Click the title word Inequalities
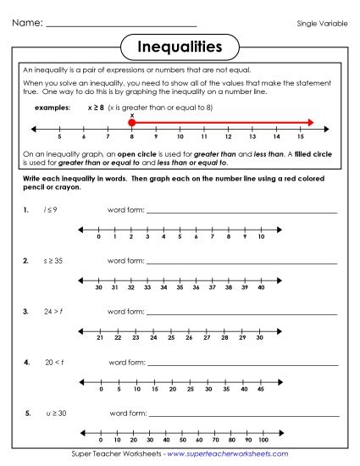click(x=179, y=45)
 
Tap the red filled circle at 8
click(x=131, y=124)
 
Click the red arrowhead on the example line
click(x=310, y=124)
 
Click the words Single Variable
click(x=322, y=24)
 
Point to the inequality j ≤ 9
click(x=50, y=209)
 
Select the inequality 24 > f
click(x=53, y=312)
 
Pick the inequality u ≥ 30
click(x=56, y=413)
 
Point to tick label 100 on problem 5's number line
click(x=263, y=441)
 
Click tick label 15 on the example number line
click(x=301, y=136)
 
